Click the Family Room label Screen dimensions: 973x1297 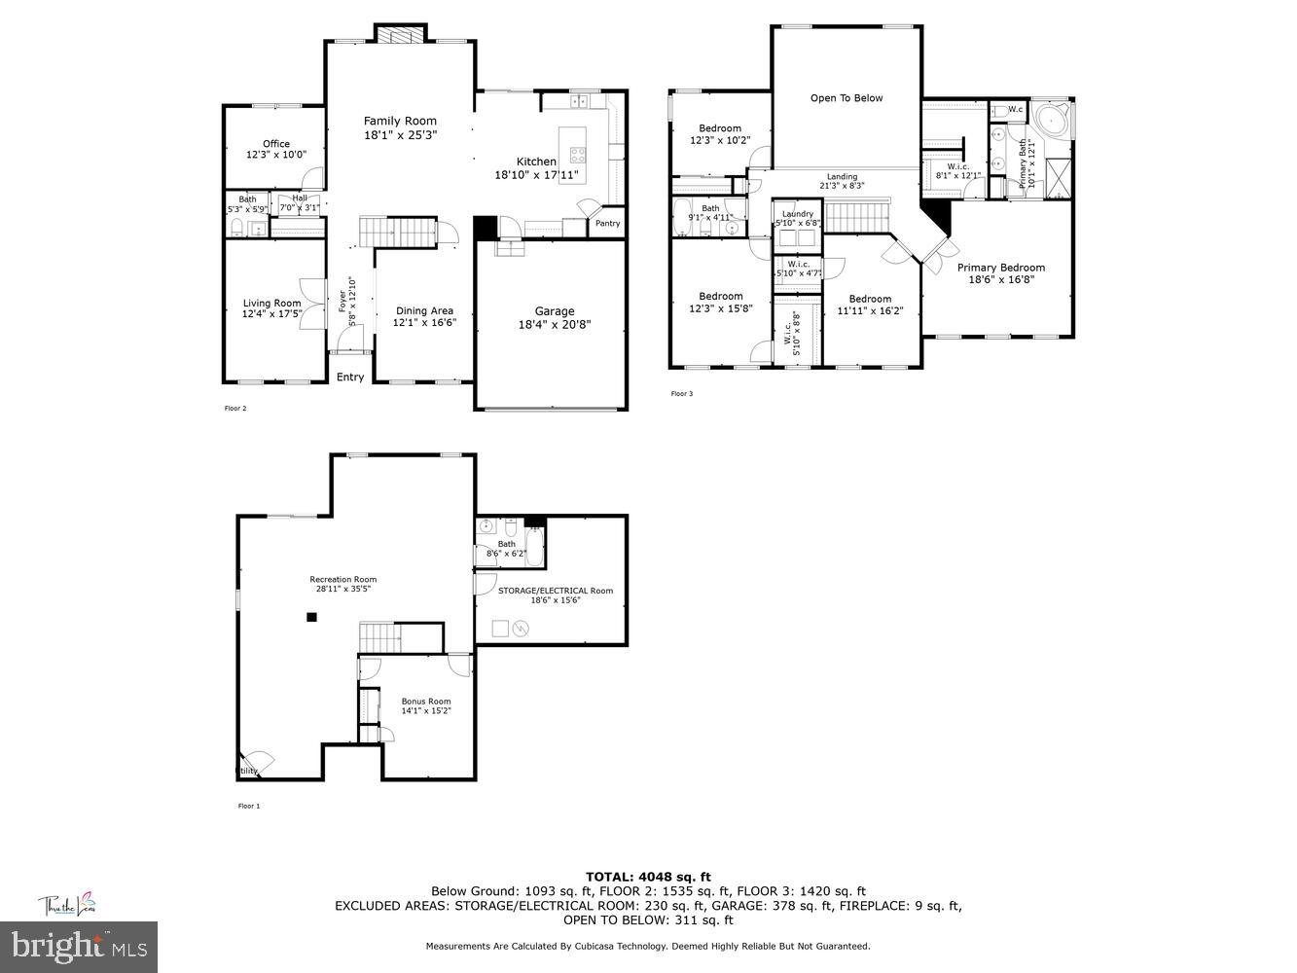tap(400, 122)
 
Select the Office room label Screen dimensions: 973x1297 tap(276, 144)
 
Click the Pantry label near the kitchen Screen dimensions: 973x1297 tap(607, 224)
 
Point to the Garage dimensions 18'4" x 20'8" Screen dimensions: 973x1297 tap(554, 325)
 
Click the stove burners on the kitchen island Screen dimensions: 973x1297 tap(577, 153)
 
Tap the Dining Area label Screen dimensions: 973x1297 tap(423, 311)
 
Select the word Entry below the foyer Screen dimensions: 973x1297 tap(350, 378)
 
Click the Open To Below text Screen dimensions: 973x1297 tap(847, 98)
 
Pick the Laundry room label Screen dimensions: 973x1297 tap(798, 214)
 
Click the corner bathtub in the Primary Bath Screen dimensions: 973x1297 tap(1050, 123)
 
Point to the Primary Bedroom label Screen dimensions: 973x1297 tap(1000, 268)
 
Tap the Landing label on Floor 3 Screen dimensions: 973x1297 tap(842, 177)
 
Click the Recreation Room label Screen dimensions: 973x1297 tap(342, 580)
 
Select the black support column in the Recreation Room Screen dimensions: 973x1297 tap(311, 616)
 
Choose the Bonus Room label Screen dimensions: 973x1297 tap(426, 702)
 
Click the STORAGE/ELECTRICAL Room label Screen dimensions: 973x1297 tap(556, 591)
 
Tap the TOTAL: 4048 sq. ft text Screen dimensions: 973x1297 tap(648, 877)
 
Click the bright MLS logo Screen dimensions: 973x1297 tap(79, 945)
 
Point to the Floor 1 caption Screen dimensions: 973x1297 tap(249, 806)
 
